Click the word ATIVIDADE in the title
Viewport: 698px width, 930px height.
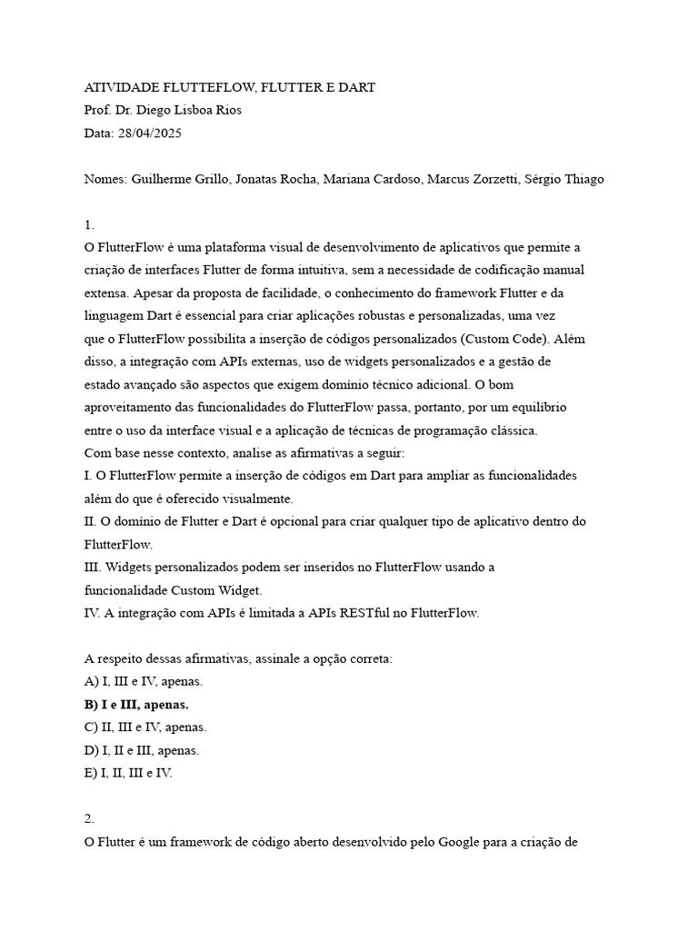pos(121,87)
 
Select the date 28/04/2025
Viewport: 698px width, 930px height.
pos(150,133)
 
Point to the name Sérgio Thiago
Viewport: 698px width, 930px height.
pos(564,179)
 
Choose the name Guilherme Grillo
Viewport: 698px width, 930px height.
pos(180,179)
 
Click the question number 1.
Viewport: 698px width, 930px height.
pos(89,224)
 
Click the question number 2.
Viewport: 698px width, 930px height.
pos(89,818)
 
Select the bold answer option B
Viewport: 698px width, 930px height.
pos(136,704)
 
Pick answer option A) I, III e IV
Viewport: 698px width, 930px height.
pos(144,681)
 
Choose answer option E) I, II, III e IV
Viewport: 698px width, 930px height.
pos(128,773)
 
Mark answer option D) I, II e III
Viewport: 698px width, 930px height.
pos(142,750)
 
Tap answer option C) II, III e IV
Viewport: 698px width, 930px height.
pos(145,727)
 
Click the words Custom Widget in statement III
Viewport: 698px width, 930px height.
pos(216,589)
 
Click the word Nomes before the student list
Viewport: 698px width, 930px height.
pos(105,179)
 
